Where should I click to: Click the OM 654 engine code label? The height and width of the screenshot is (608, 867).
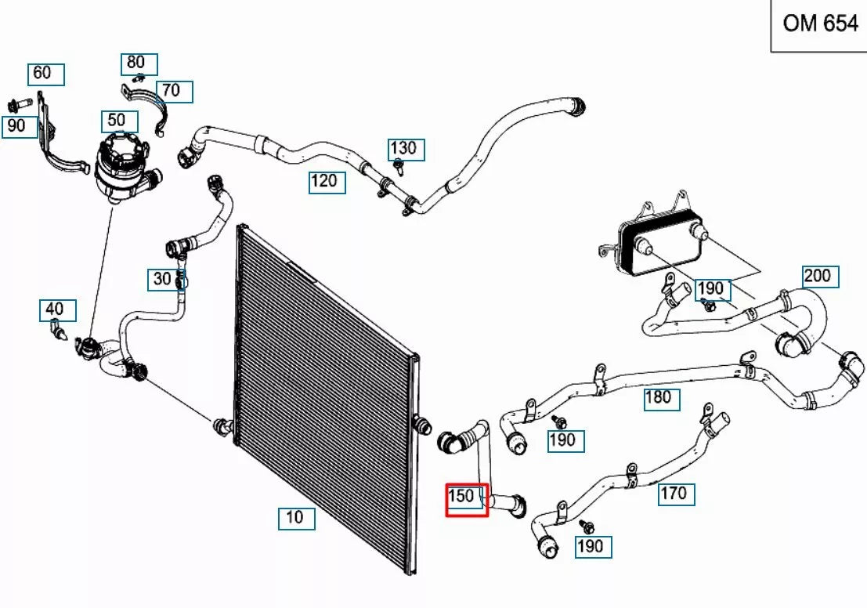coord(820,24)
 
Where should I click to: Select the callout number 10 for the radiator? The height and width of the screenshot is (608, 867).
coord(297,518)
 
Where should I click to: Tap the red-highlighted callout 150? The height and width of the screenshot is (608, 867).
coord(467,498)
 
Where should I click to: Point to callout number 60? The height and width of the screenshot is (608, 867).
coord(46,74)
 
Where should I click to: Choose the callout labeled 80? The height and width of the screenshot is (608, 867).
coord(139,63)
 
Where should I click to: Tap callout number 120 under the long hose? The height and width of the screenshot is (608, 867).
coord(326,182)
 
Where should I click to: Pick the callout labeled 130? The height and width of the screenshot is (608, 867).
coord(406,149)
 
